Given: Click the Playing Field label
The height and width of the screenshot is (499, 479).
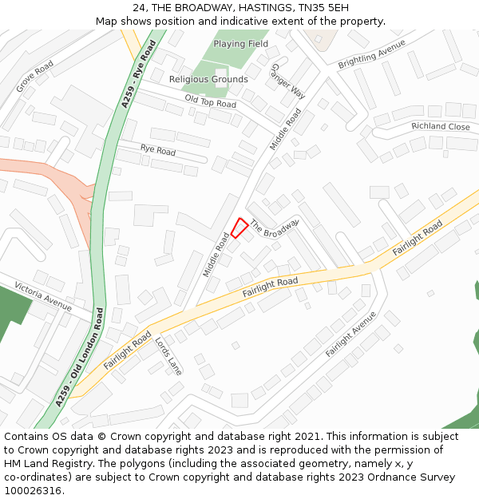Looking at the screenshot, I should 240,44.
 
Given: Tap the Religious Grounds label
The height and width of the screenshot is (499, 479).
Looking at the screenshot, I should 208,79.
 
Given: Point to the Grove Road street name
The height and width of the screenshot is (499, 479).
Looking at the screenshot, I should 34,76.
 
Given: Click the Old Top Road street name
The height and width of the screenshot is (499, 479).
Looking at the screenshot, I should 211,101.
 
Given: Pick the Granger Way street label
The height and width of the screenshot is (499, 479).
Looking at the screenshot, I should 288,81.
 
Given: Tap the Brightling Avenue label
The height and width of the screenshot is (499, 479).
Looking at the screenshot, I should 372,53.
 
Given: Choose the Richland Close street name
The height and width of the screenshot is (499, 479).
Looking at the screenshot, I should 441,127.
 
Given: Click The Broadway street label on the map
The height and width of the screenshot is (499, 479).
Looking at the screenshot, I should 274,228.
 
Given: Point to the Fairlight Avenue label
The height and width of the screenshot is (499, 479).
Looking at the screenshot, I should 350,334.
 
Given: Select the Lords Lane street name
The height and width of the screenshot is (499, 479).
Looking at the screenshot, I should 169,354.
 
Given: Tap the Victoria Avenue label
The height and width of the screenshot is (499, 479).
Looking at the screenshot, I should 43,295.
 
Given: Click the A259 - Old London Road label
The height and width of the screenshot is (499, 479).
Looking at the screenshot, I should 83,354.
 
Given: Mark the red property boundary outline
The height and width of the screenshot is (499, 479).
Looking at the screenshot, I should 239,228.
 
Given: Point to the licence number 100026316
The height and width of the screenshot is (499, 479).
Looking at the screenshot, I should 32,491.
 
